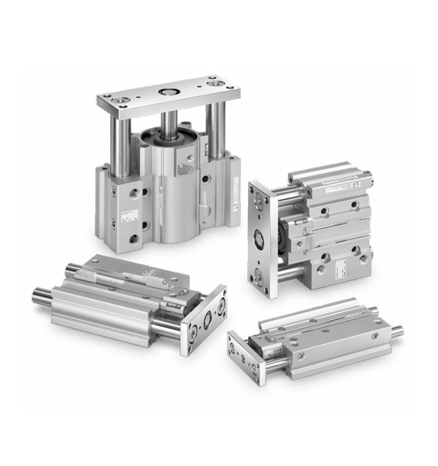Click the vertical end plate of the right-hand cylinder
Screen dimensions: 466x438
[261, 237]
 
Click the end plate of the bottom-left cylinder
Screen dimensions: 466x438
[206, 319]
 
